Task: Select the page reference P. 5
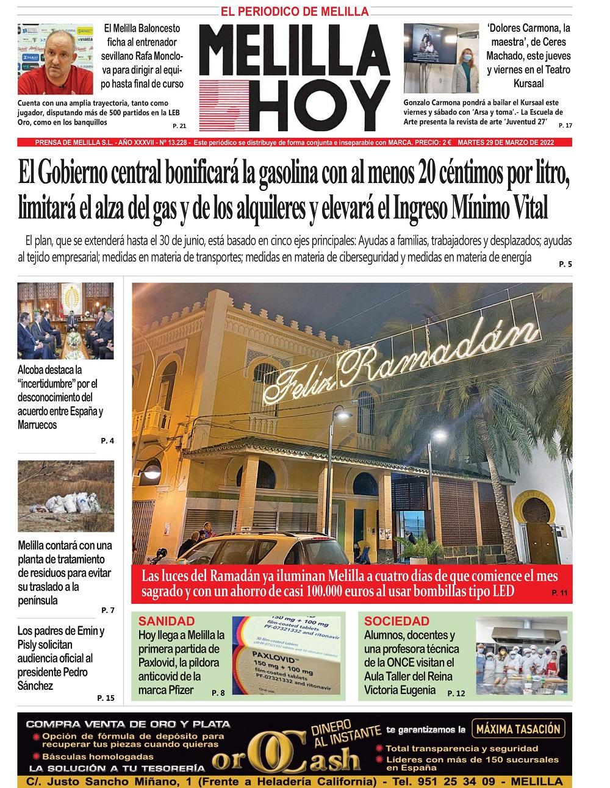click(x=565, y=264)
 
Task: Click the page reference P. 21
click(x=179, y=126)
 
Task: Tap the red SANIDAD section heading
click(x=167, y=621)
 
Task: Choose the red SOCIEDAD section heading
click(x=396, y=621)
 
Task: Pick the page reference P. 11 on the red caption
click(x=559, y=593)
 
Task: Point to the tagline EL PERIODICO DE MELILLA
click(x=295, y=11)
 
